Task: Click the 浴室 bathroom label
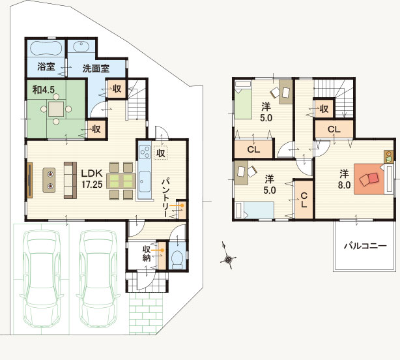click(x=46, y=67)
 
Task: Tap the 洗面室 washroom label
click(x=96, y=68)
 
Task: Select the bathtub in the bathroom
click(x=46, y=48)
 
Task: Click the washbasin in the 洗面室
click(x=81, y=46)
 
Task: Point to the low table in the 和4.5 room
click(x=56, y=109)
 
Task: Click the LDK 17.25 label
click(x=92, y=179)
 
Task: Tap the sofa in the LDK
click(x=70, y=180)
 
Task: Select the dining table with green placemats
click(x=121, y=181)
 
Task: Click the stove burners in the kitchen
click(x=145, y=152)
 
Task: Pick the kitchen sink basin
click(x=145, y=181)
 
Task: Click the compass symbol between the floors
click(x=228, y=256)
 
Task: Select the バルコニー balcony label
click(x=365, y=246)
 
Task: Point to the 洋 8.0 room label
click(x=344, y=179)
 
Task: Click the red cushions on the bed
click(x=369, y=179)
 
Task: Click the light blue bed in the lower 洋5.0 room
click(x=255, y=211)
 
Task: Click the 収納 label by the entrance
click(x=146, y=254)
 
